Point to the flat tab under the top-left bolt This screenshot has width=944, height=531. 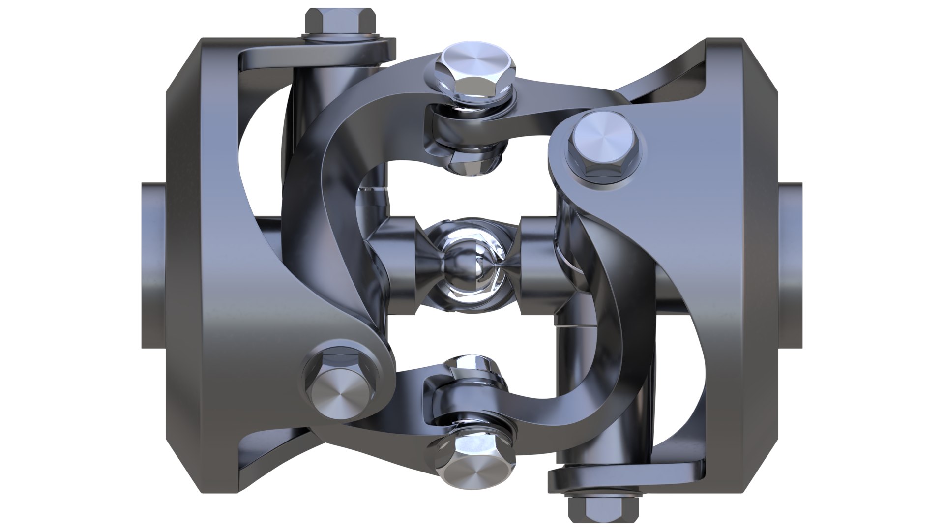[x=315, y=54]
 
